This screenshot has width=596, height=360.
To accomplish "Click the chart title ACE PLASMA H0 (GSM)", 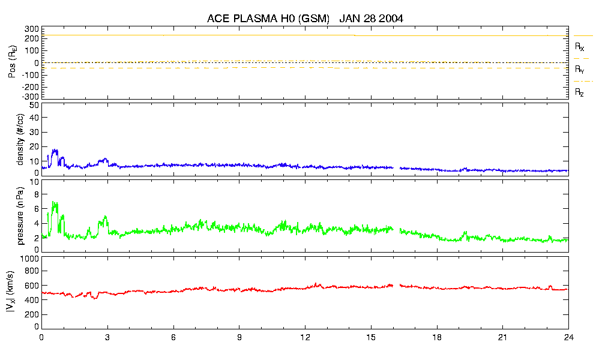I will click(x=268, y=19).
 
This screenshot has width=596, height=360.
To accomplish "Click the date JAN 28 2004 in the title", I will click(x=371, y=19).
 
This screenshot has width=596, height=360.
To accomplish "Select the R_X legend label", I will click(x=579, y=46).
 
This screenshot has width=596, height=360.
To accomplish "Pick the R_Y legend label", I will click(x=579, y=70).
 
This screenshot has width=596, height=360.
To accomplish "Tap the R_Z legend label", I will click(x=579, y=92).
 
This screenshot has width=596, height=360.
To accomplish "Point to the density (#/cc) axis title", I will click(x=21, y=139).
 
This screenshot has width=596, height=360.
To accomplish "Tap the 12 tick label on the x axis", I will click(x=306, y=337).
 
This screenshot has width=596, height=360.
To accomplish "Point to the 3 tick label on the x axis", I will click(x=107, y=337).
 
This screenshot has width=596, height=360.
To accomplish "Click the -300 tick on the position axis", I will click(x=30, y=96).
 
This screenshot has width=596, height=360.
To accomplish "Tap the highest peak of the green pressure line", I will click(x=54, y=202).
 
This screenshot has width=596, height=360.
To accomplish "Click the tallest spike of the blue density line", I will click(x=55, y=150).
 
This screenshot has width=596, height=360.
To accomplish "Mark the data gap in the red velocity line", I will click(x=396, y=286).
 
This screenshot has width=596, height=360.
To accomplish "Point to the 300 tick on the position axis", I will click(x=32, y=29).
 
